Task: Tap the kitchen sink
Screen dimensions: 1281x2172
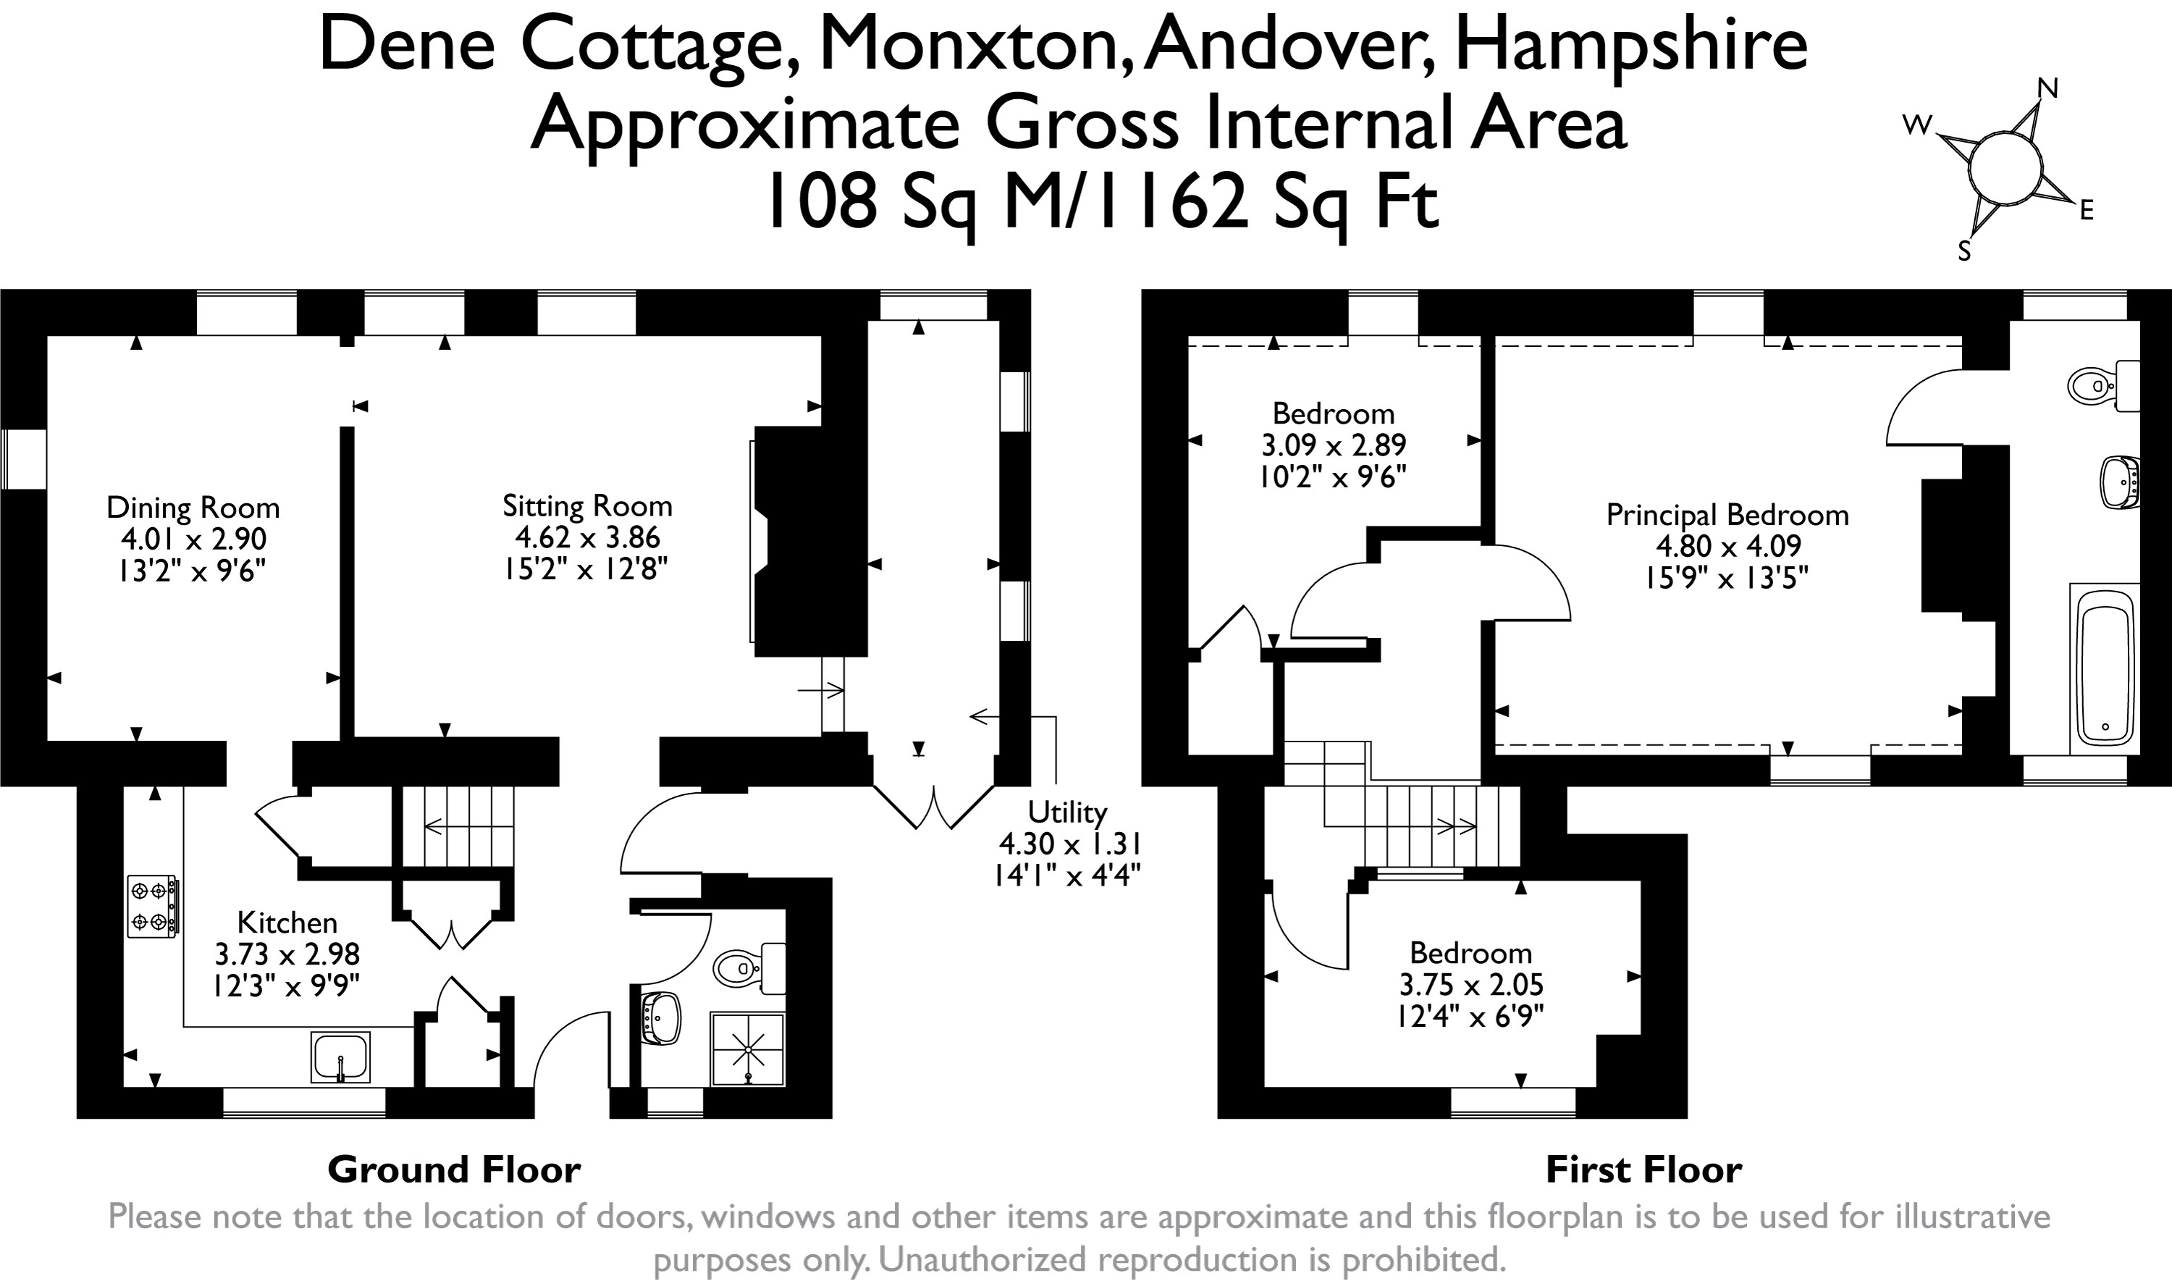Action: (340, 1057)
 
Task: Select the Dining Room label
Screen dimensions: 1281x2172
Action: (193, 508)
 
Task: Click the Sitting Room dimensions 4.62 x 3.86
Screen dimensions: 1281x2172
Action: (586, 537)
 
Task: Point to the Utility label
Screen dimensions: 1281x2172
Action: (1066, 812)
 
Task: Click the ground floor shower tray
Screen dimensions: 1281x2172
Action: (747, 1049)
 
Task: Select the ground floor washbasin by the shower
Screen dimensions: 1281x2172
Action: (662, 1017)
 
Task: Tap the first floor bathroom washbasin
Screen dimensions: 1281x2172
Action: (2119, 481)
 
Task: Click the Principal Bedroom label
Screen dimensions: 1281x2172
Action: (1727, 516)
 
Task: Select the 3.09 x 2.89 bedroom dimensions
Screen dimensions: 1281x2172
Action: (1333, 445)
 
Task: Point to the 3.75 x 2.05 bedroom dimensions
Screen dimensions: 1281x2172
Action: (1470, 985)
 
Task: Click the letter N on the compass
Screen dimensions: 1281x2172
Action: (2047, 89)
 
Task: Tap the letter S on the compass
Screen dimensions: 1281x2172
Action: (1964, 251)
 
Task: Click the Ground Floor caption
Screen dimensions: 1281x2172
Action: (454, 1169)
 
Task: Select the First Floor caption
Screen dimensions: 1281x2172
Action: (1643, 1169)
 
